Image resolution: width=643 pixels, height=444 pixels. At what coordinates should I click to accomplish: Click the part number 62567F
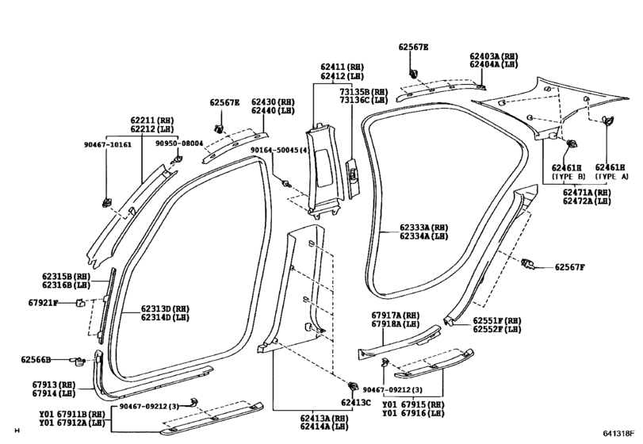point(569,267)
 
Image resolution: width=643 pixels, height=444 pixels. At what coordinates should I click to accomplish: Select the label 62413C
point(355,403)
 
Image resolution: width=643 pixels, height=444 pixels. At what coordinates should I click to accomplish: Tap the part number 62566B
point(36,359)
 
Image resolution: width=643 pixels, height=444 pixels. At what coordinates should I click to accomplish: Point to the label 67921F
point(43,303)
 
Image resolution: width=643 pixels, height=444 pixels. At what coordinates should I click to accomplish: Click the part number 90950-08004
point(179,143)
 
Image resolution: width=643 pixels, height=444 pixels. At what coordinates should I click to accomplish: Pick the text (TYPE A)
point(611,176)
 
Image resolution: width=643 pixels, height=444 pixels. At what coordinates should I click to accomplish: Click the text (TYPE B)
point(568,176)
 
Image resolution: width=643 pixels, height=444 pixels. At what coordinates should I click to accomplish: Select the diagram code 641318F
point(618,434)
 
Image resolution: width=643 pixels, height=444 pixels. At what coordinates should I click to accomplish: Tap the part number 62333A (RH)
point(424,228)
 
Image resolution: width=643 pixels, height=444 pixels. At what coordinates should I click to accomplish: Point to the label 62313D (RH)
point(165,308)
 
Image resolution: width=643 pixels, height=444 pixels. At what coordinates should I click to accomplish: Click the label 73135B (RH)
point(364,92)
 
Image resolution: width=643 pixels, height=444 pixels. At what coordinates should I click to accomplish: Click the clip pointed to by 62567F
point(528,264)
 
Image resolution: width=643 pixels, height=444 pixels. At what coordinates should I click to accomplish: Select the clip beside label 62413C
point(352,387)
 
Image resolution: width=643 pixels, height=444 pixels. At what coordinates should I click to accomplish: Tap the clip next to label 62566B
point(78,360)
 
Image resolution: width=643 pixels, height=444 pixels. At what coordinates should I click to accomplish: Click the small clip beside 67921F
point(79,303)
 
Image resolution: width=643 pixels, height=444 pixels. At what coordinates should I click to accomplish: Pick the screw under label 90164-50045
point(287,183)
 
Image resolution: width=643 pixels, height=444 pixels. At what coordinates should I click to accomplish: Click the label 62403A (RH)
point(494,56)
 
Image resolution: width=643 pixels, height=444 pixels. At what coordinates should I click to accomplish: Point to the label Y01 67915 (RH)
point(413,404)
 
